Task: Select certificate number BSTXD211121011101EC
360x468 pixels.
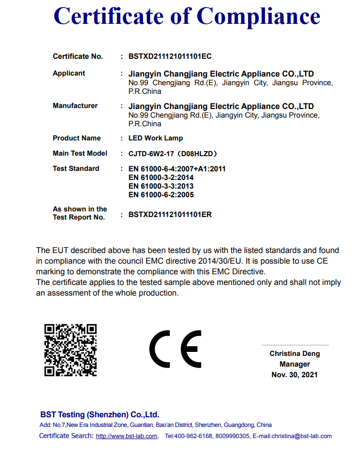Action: tap(170, 56)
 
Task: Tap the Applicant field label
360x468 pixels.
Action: tap(69, 74)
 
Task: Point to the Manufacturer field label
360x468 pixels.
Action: tap(75, 106)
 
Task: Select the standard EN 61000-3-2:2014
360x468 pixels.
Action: tap(161, 177)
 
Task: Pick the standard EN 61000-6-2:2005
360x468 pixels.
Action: tap(161, 195)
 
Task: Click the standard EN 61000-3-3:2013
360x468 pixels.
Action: tap(161, 186)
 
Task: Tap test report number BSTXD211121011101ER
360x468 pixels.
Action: tap(170, 214)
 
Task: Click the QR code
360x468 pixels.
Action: tap(70, 350)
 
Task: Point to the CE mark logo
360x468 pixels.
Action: tap(175, 350)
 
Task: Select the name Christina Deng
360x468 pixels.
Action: tap(295, 354)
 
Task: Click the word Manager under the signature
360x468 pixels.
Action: tap(295, 364)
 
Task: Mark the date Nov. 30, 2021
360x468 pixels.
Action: tap(295, 375)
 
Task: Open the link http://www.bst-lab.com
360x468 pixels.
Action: tap(127, 436)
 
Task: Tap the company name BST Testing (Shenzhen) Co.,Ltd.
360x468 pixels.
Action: tap(99, 414)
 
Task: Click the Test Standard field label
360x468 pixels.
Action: tap(76, 169)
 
